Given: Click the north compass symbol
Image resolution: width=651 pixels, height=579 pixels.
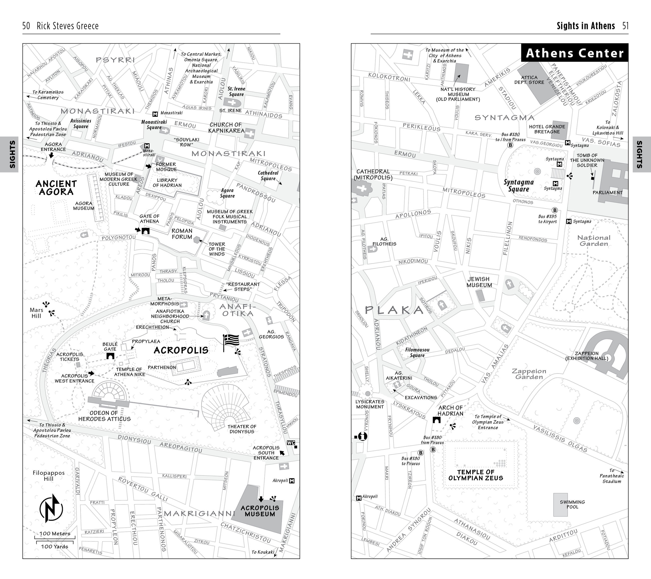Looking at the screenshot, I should pyautogui.click(x=51, y=509).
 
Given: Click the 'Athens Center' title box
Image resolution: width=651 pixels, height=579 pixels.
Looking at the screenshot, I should pyautogui.click(x=575, y=53).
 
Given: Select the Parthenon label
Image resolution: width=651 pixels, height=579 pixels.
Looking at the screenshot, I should pyautogui.click(x=162, y=367).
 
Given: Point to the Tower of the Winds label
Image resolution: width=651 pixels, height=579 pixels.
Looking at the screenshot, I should pyautogui.click(x=217, y=249).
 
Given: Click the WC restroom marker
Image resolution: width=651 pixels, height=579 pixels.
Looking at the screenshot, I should pyautogui.click(x=291, y=443).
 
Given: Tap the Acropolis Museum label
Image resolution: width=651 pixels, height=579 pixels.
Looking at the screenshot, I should pyautogui.click(x=260, y=511).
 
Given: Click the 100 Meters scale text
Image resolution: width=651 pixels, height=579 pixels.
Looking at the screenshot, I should pyautogui.click(x=55, y=533).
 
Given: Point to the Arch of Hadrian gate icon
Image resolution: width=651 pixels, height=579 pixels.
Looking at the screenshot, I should pyautogui.click(x=437, y=420).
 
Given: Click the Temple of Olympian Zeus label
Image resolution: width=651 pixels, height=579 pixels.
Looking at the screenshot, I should pyautogui.click(x=475, y=475).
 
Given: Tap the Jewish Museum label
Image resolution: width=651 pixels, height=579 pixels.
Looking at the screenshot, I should pyautogui.click(x=479, y=282).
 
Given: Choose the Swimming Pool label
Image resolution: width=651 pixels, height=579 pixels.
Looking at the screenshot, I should pyautogui.click(x=572, y=504).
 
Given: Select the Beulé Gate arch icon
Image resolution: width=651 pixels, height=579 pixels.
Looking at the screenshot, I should pyautogui.click(x=110, y=356).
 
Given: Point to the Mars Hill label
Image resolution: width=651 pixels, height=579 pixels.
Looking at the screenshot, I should pyautogui.click(x=36, y=313).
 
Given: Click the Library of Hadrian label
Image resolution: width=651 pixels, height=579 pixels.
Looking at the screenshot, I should pyautogui.click(x=167, y=183).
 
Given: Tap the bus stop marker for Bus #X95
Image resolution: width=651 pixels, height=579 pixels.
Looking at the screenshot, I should pyautogui.click(x=555, y=210).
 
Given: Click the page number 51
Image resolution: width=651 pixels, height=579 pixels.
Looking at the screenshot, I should pyautogui.click(x=625, y=26).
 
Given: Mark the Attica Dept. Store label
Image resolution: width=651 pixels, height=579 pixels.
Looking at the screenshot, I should pyautogui.click(x=529, y=80).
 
